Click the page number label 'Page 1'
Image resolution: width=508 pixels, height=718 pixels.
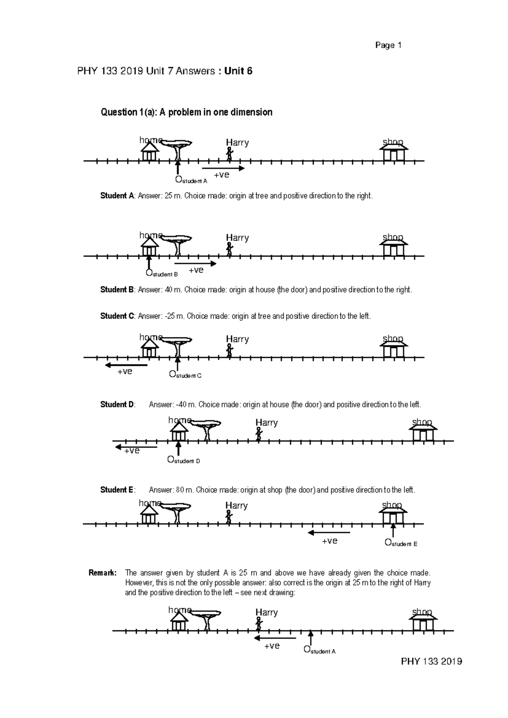(x=388, y=45)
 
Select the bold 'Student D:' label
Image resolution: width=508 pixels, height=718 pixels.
(x=118, y=404)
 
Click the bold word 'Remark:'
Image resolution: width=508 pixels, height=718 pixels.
(x=102, y=573)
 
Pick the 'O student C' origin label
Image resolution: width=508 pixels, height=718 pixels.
(x=185, y=375)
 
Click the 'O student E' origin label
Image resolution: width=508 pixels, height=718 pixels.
(x=400, y=543)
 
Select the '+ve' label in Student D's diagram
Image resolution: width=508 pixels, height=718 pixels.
(x=132, y=451)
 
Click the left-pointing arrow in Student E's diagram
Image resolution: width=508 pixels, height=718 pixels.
(x=329, y=533)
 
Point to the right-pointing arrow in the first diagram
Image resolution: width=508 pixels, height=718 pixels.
(x=226, y=168)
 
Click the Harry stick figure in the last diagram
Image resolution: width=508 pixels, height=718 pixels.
(x=259, y=624)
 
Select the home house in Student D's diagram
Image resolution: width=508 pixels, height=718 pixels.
(x=179, y=433)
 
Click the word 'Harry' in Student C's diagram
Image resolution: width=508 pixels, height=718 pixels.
(x=237, y=339)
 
